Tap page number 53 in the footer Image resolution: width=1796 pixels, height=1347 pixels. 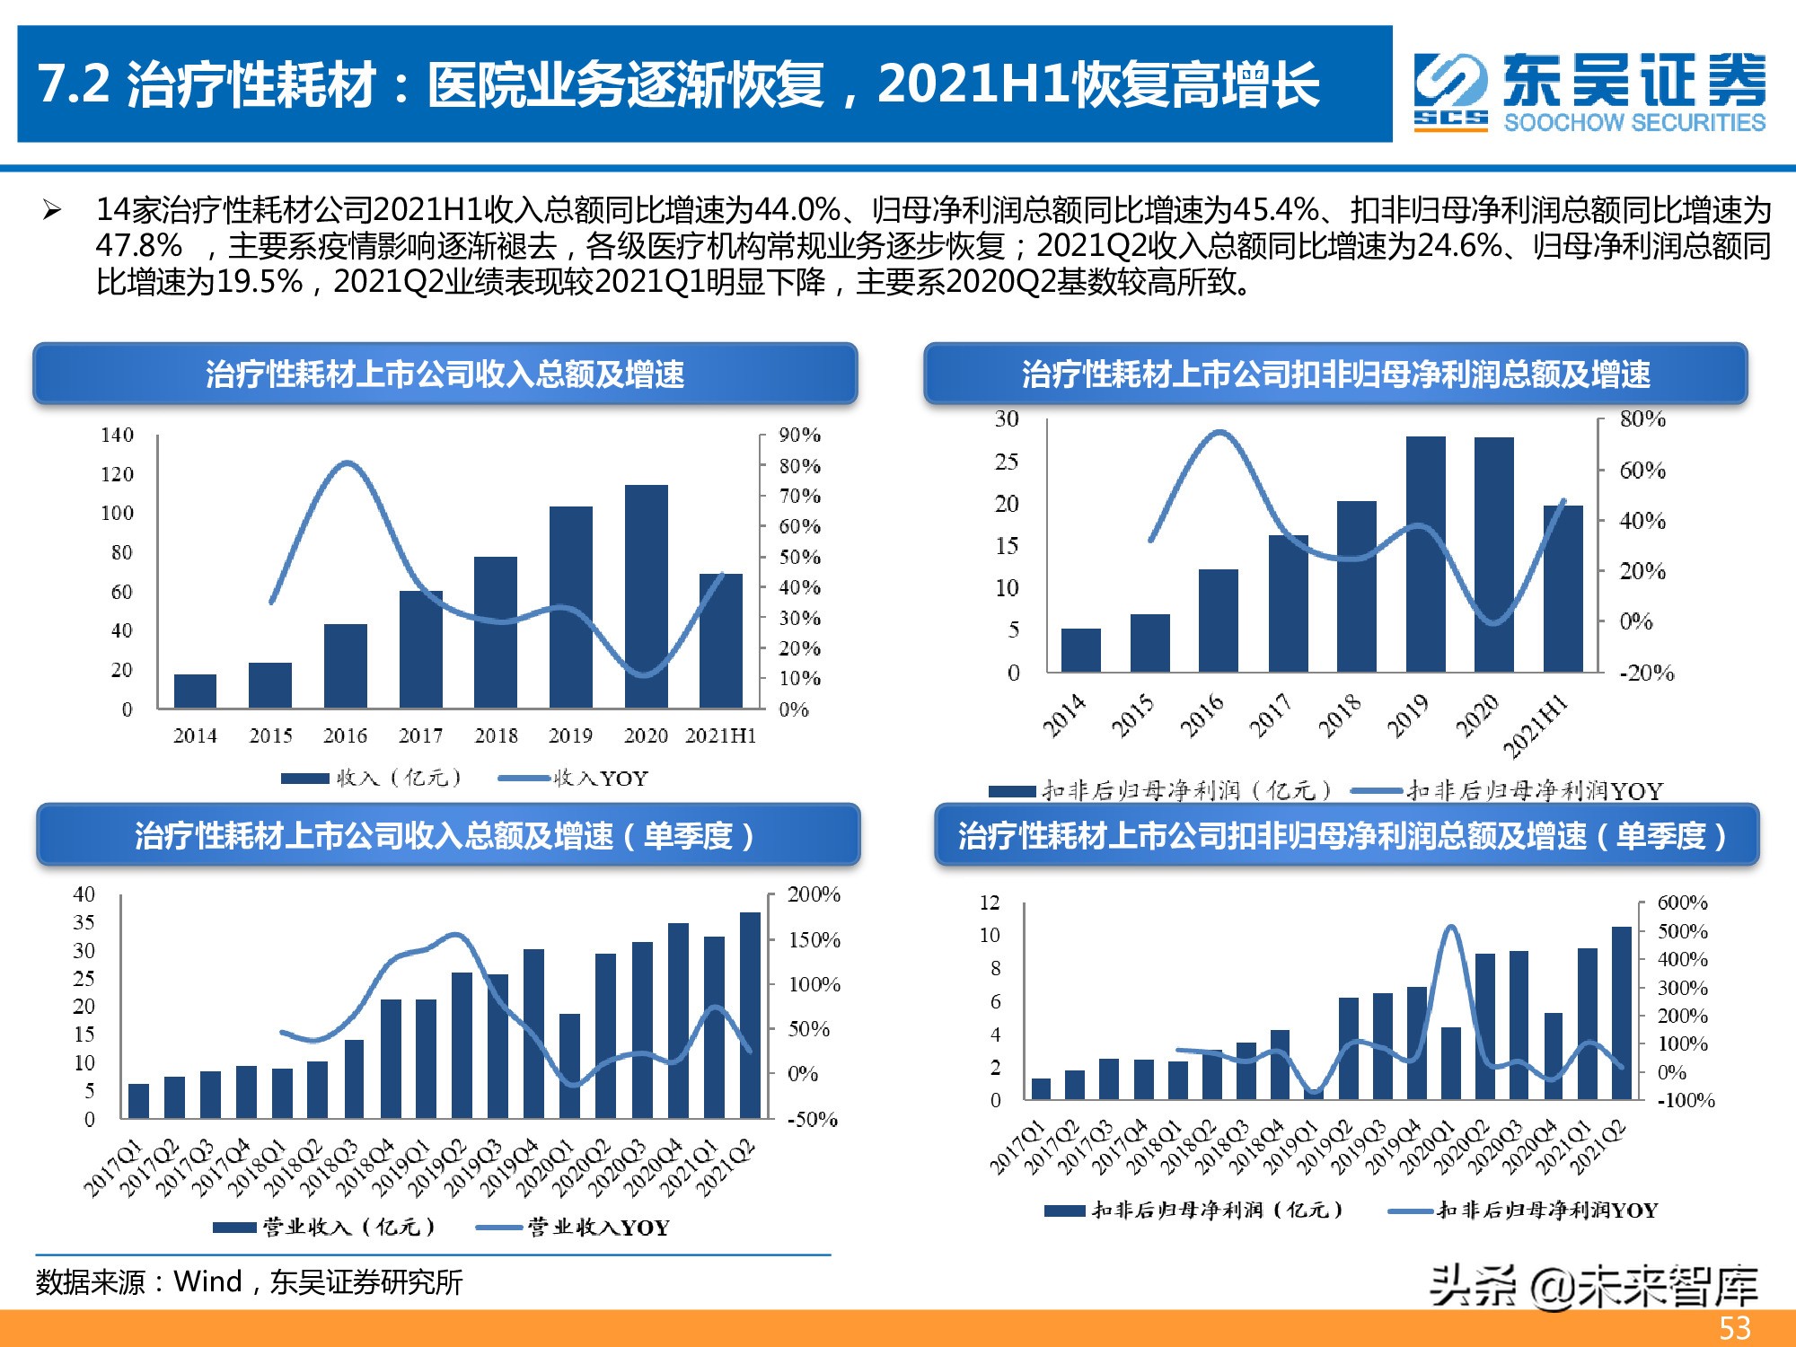[x=1735, y=1328]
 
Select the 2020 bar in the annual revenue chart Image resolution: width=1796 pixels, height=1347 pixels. [x=647, y=596]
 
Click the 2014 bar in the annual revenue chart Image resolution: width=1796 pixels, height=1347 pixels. [x=195, y=691]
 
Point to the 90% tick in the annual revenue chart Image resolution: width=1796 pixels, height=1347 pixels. [x=799, y=436]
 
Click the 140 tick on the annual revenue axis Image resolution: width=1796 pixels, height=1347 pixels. [x=117, y=436]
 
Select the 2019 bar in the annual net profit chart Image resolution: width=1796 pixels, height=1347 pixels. [x=1426, y=554]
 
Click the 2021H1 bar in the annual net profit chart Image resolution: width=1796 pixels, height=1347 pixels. [x=1563, y=589]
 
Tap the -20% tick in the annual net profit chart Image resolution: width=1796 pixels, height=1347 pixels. [x=1646, y=673]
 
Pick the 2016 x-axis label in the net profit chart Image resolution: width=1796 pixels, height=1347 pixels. [x=1202, y=716]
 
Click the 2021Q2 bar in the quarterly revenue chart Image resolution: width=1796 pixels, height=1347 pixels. [x=750, y=1015]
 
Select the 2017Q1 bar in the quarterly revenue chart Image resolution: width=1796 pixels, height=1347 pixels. [x=138, y=1101]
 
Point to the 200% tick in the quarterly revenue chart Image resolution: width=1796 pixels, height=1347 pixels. [x=814, y=894]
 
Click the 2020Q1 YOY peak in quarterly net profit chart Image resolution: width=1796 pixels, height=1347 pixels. [x=1451, y=928]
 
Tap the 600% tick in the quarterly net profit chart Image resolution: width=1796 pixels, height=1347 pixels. [x=1682, y=902]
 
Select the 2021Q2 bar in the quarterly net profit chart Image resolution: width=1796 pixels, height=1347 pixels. [x=1622, y=1013]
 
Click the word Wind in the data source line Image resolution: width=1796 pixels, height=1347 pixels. [x=207, y=1281]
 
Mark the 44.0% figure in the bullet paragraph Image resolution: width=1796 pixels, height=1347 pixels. [x=797, y=211]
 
